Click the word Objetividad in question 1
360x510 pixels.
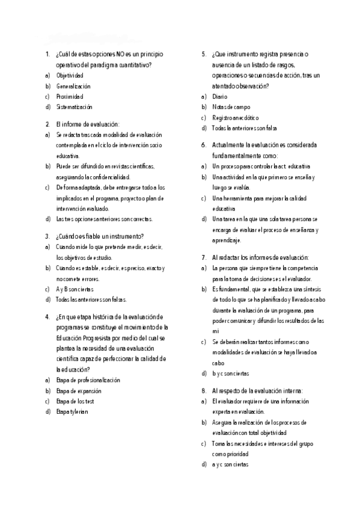[x=70, y=75]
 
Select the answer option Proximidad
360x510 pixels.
[x=70, y=96]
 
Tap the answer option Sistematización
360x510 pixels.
[x=75, y=107]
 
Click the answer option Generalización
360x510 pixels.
[x=73, y=86]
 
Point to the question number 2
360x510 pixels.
[x=47, y=124]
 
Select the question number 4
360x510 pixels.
[x=47, y=317]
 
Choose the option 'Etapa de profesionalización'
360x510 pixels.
[x=88, y=380]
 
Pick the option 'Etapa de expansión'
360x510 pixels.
[x=79, y=390]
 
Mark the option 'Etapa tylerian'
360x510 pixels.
[x=72, y=411]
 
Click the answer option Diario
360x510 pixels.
[x=220, y=96]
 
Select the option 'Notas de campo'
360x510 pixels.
[x=231, y=107]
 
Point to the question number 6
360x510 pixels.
[x=204, y=146]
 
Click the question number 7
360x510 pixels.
[x=204, y=257]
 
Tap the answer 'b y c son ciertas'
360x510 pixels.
[x=231, y=374]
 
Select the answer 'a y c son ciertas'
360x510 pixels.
[x=231, y=465]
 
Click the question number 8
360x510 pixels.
[x=204, y=390]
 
